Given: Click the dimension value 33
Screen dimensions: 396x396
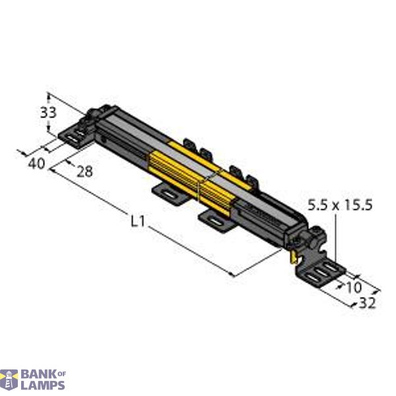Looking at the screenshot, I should pyautogui.click(x=48, y=113).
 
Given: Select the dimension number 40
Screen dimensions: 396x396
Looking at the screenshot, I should pyautogui.click(x=37, y=163).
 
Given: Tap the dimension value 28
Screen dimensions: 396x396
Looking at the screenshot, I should pyautogui.click(x=84, y=172).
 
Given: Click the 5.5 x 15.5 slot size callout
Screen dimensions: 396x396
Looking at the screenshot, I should pyautogui.click(x=341, y=205).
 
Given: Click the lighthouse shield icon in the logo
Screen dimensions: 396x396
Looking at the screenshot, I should pyautogui.click(x=10, y=379).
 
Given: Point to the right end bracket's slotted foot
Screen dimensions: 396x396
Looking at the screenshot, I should pyautogui.click(x=324, y=273).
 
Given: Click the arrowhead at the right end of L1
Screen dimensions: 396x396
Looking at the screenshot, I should pyautogui.click(x=233, y=275).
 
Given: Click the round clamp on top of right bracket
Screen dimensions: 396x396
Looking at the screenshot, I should pyautogui.click(x=315, y=232).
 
